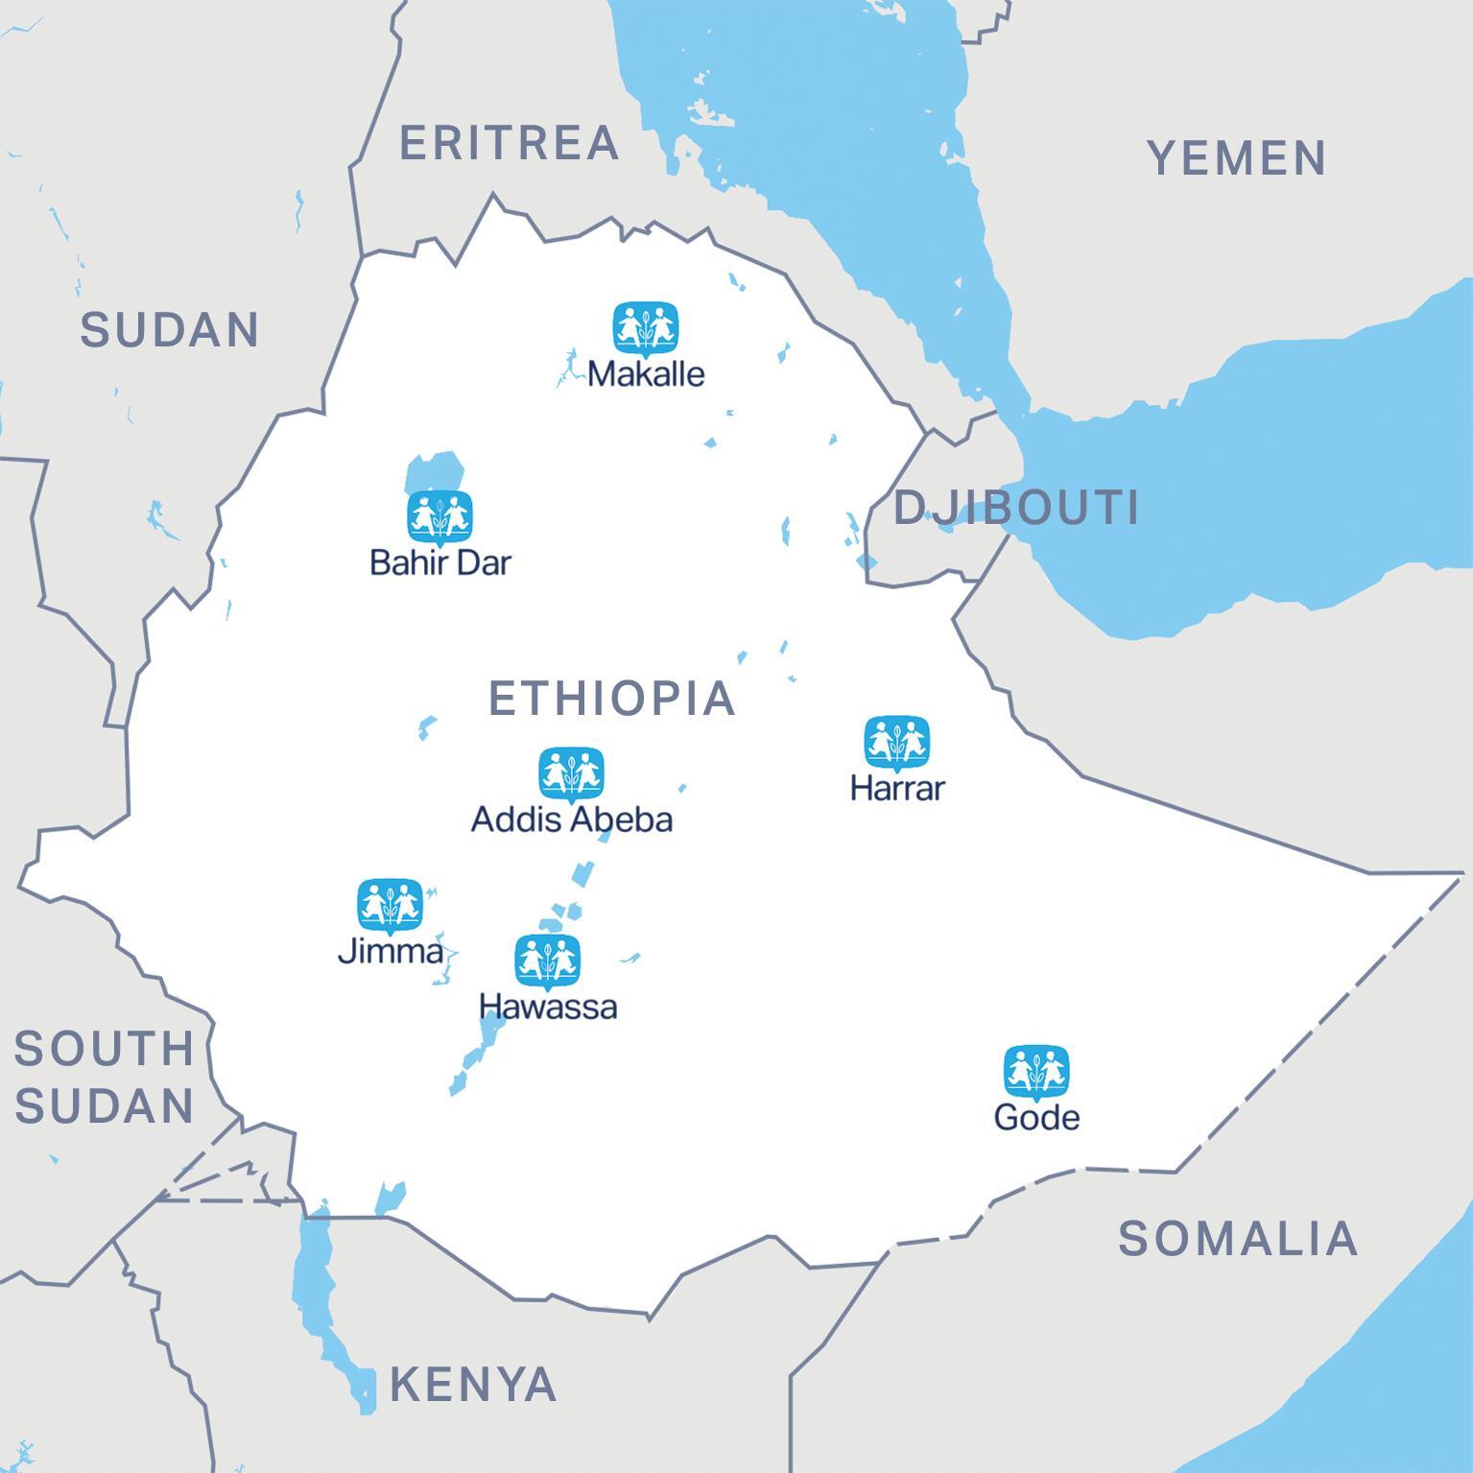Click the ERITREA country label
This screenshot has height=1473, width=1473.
(509, 143)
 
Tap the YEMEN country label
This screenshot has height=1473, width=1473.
(1237, 157)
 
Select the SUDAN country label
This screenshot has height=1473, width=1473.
(169, 329)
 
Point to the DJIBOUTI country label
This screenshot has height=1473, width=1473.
(1016, 507)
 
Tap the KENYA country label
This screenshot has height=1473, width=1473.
(473, 1384)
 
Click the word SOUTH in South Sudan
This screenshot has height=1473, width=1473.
(104, 1048)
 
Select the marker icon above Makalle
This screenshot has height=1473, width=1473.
(646, 329)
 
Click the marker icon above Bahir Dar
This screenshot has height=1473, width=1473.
(440, 517)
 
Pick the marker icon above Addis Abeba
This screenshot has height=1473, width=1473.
(571, 773)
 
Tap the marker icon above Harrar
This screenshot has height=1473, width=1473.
(897, 742)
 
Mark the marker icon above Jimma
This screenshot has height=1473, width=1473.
(391, 905)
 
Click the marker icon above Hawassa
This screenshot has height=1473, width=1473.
(548, 961)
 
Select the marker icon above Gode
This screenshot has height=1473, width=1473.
(1036, 1072)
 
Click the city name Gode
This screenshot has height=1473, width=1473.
(1036, 1117)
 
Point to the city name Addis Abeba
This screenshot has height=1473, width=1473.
(571, 819)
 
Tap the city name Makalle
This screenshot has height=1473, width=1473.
(646, 373)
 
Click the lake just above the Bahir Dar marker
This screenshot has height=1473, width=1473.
(435, 471)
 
